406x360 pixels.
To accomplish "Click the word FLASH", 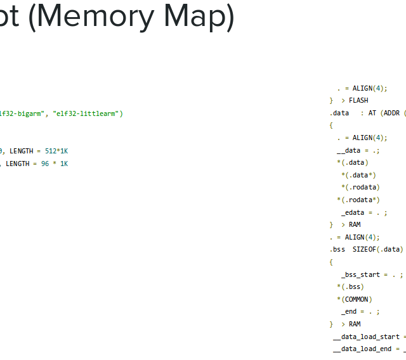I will [358, 101].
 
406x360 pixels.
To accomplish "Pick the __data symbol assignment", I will [349, 150].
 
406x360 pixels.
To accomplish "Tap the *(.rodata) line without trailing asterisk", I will [360, 188].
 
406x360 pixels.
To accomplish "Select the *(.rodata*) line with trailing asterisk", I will [358, 200].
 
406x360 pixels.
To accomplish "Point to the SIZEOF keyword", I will [364, 250].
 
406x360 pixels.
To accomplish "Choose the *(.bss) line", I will [351, 286].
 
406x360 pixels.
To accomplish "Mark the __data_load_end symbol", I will [362, 349].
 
